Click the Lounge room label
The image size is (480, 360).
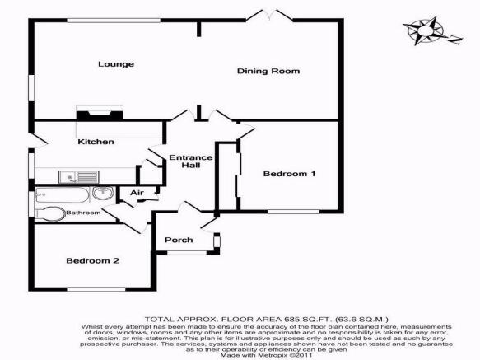pyautogui.click(x=116, y=64)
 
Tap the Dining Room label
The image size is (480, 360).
pyautogui.click(x=268, y=71)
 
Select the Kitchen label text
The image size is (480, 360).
pyautogui.click(x=96, y=142)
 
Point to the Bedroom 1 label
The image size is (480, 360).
pyautogui.click(x=289, y=174)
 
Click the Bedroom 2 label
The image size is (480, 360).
pyautogui.click(x=92, y=260)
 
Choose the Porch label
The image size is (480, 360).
pyautogui.click(x=179, y=240)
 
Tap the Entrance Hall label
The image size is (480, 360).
pyautogui.click(x=191, y=161)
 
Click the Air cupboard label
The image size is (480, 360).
pyautogui.click(x=137, y=193)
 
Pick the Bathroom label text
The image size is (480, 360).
pyautogui.click(x=83, y=213)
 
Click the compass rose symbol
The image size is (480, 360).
pyautogui.click(x=423, y=30)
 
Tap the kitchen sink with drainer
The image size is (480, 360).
pyautogui.click(x=79, y=177)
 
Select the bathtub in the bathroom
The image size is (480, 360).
pyautogui.click(x=63, y=195)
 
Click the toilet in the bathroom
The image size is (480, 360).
pyautogui.click(x=50, y=214)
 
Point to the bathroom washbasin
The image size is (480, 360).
pyautogui.click(x=103, y=194)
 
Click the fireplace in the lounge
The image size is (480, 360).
pyautogui.click(x=100, y=113)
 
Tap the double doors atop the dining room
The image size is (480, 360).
pyautogui.click(x=269, y=16)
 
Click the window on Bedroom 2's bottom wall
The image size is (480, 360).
pyautogui.click(x=96, y=289)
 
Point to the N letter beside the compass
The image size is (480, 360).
pyautogui.click(x=455, y=40)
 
